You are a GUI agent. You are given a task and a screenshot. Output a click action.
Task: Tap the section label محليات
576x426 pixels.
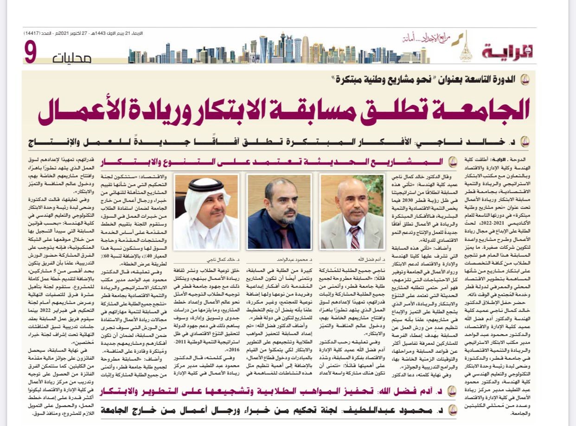pyautogui.click(x=72, y=58)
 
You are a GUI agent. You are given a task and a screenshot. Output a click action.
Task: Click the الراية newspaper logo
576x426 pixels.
pyautogui.click(x=507, y=52)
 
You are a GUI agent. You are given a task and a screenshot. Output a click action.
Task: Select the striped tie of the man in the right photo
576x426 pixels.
pyautogui.click(x=355, y=237)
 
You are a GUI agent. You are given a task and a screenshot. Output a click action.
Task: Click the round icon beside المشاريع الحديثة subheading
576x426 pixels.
pyautogui.click(x=453, y=162)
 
